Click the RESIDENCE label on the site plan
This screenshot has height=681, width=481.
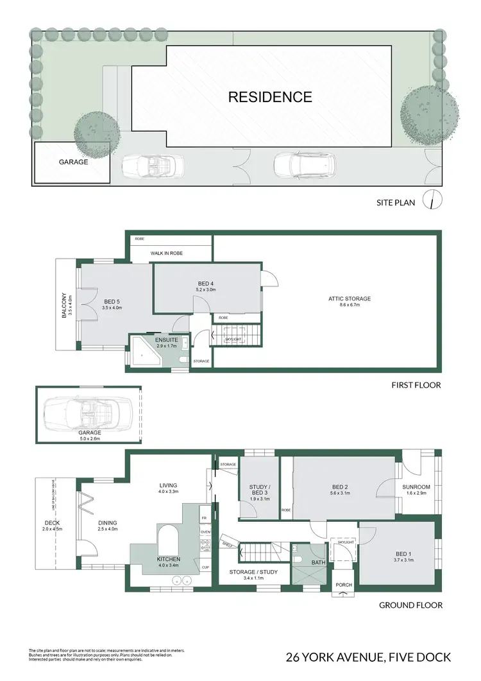pyautogui.click(x=270, y=98)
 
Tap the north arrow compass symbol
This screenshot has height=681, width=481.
pyautogui.click(x=436, y=200)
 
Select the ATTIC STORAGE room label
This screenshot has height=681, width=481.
pyautogui.click(x=346, y=298)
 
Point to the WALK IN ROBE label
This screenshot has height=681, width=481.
pyautogui.click(x=167, y=254)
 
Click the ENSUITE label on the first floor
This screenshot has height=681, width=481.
pyautogui.click(x=157, y=340)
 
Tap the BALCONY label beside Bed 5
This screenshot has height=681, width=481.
pyautogui.click(x=63, y=306)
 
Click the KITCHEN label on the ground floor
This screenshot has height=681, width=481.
pyautogui.click(x=169, y=560)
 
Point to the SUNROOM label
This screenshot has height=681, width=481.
pyautogui.click(x=416, y=487)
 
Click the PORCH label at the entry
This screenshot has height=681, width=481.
pyautogui.click(x=344, y=584)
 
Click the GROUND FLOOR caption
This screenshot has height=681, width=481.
pyautogui.click(x=410, y=605)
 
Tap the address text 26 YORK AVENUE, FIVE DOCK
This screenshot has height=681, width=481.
pyautogui.click(x=368, y=657)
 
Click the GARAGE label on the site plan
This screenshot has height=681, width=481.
pyautogui.click(x=73, y=162)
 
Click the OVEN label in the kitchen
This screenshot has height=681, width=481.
pyautogui.click(x=205, y=532)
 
